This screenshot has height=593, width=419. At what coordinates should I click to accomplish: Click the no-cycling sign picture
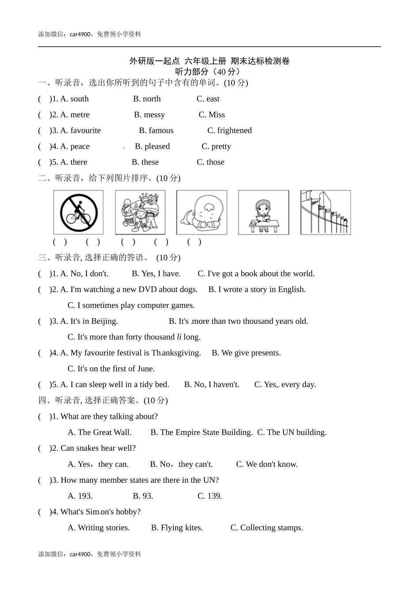point(79,213)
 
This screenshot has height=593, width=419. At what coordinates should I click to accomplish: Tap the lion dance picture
point(140,213)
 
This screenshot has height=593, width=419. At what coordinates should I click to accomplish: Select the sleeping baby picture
point(202,213)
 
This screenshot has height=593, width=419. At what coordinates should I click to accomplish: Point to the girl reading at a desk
point(263,213)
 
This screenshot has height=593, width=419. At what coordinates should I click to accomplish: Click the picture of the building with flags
point(325,213)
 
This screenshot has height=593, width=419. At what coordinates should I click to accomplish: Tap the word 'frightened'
point(234,131)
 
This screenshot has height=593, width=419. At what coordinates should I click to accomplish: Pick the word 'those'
point(215,162)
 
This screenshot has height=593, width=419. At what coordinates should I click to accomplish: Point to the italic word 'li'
point(179,337)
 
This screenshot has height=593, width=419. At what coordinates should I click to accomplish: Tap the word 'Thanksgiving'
point(176,353)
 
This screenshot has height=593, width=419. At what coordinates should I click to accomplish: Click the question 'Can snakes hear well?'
point(98,448)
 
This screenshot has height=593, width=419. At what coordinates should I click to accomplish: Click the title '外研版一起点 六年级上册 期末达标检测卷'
point(209,61)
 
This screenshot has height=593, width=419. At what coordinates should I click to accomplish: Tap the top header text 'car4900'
point(80,34)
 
